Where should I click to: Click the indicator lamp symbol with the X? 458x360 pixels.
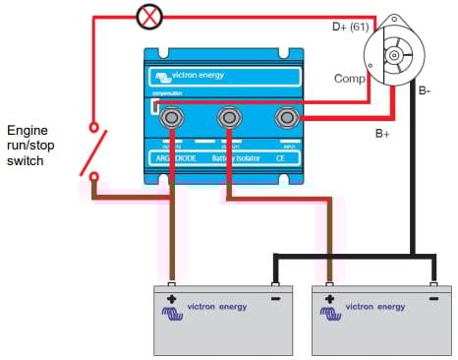pos(149,17)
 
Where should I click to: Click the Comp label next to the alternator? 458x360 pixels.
pos(351,78)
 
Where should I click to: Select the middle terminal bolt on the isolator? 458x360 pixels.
pos(229,120)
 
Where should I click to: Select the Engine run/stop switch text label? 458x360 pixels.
pos(36,145)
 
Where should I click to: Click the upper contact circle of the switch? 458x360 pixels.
pos(94,127)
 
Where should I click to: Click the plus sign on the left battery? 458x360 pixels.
pos(172,299)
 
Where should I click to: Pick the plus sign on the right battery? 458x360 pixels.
pos(328,299)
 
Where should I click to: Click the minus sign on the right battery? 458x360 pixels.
pos(432,299)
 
